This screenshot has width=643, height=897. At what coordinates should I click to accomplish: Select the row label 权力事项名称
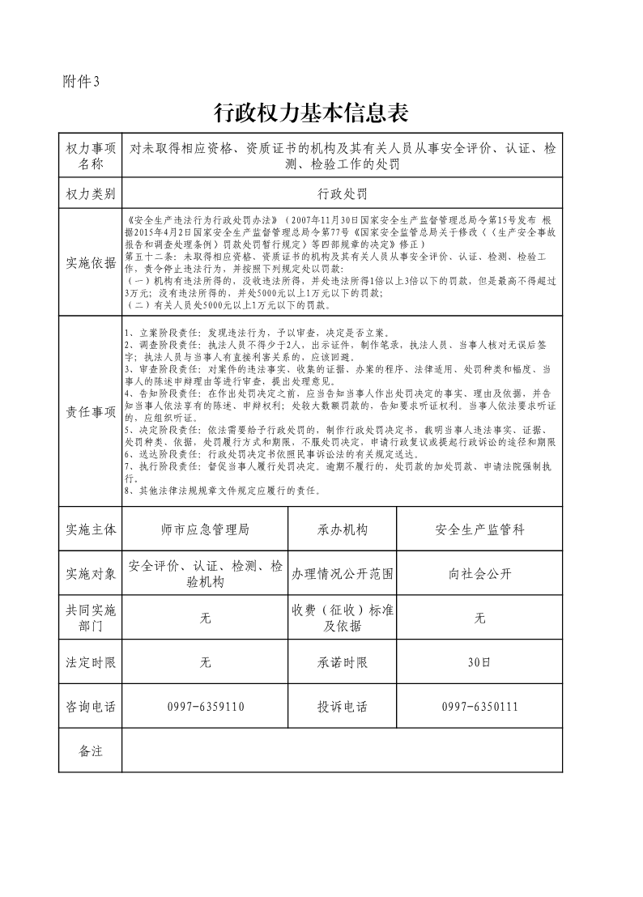tap(91, 156)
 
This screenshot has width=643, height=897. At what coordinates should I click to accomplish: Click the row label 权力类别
tap(91, 193)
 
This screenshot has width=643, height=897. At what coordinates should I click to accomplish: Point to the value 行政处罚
tap(342, 193)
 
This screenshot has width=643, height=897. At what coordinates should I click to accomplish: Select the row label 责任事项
tap(91, 410)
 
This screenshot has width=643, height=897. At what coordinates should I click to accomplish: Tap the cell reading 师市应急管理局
tap(205, 529)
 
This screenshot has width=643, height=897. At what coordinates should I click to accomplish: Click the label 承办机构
tap(342, 529)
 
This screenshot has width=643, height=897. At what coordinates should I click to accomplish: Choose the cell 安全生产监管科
tap(479, 529)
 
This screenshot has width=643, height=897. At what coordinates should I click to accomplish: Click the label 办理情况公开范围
tap(342, 574)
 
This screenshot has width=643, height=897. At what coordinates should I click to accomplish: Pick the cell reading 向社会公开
tap(479, 574)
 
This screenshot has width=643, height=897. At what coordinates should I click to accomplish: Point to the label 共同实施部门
tap(91, 618)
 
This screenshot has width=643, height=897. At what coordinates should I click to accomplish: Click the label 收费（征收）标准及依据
tap(342, 618)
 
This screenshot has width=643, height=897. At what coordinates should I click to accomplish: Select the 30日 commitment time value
tap(479, 662)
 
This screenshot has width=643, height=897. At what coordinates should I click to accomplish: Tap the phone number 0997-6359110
tap(205, 707)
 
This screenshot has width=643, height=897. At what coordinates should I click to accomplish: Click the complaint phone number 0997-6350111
tap(479, 707)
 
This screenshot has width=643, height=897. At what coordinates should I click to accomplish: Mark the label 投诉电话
tap(342, 707)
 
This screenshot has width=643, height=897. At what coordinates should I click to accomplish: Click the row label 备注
tap(91, 750)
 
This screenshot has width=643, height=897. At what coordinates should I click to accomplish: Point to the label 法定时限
tap(91, 662)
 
